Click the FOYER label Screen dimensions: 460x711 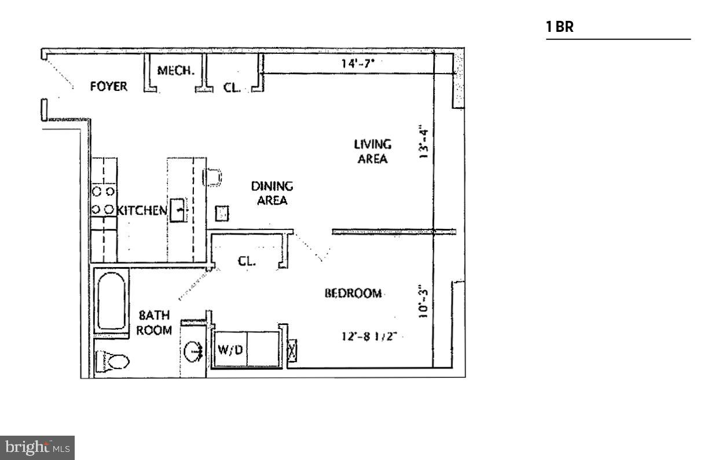click(x=108, y=87)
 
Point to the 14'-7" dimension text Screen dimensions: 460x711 click(x=358, y=64)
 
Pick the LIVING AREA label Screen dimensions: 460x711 click(x=372, y=151)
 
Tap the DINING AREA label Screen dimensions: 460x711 click(x=272, y=194)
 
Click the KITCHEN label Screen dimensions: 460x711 click(x=142, y=210)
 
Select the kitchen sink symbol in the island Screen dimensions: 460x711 click(x=178, y=210)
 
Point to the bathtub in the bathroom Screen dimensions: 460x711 click(x=112, y=301)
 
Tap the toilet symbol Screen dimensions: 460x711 click(x=113, y=362)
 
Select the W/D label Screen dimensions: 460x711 click(x=230, y=350)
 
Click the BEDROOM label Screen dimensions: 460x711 click(x=353, y=293)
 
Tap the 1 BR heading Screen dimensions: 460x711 click(x=560, y=27)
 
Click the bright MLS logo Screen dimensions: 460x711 click(x=38, y=447)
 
